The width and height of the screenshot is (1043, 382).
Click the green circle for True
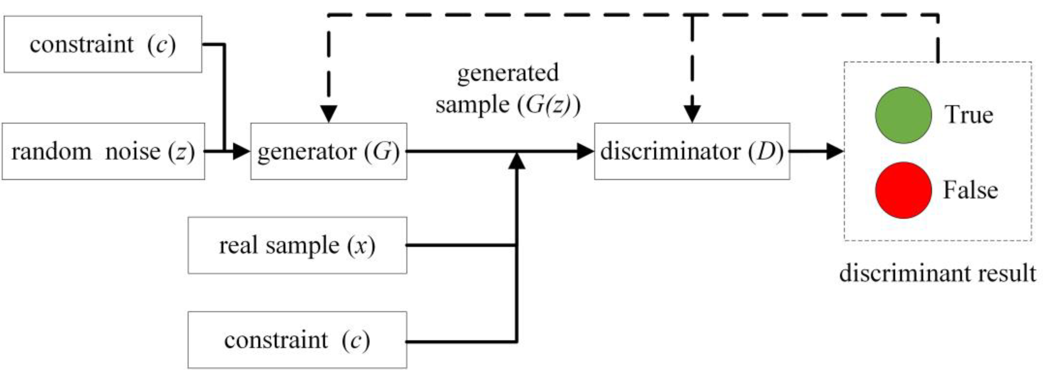click(903, 115)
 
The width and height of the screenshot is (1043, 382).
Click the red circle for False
click(903, 190)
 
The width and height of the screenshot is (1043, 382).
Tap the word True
click(969, 115)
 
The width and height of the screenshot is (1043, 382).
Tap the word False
click(970, 190)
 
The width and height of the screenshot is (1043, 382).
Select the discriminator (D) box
click(692, 151)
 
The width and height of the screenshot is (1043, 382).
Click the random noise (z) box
click(103, 151)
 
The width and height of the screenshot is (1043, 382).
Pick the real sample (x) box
click(297, 245)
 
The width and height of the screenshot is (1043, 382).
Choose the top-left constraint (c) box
click(103, 44)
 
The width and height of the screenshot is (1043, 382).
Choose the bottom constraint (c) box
click(297, 340)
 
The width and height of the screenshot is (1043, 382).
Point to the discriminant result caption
click(937, 273)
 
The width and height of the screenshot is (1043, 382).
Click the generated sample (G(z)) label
click(508, 89)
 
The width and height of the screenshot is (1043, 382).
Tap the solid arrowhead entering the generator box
click(242, 151)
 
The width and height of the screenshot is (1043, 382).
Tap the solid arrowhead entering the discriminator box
click(585, 151)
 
